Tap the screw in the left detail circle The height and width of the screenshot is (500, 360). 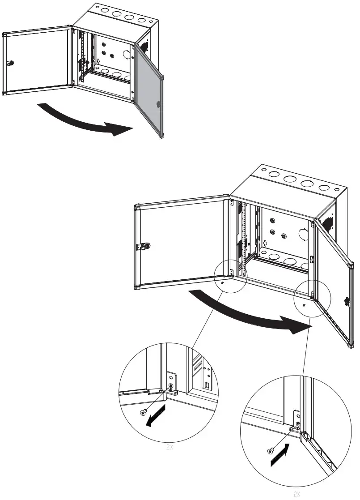[143, 412]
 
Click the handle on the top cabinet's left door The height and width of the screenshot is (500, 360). [11, 63]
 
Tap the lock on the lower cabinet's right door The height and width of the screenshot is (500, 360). [347, 301]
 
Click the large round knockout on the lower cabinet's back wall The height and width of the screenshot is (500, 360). [303, 235]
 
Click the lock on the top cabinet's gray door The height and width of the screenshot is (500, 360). [158, 104]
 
